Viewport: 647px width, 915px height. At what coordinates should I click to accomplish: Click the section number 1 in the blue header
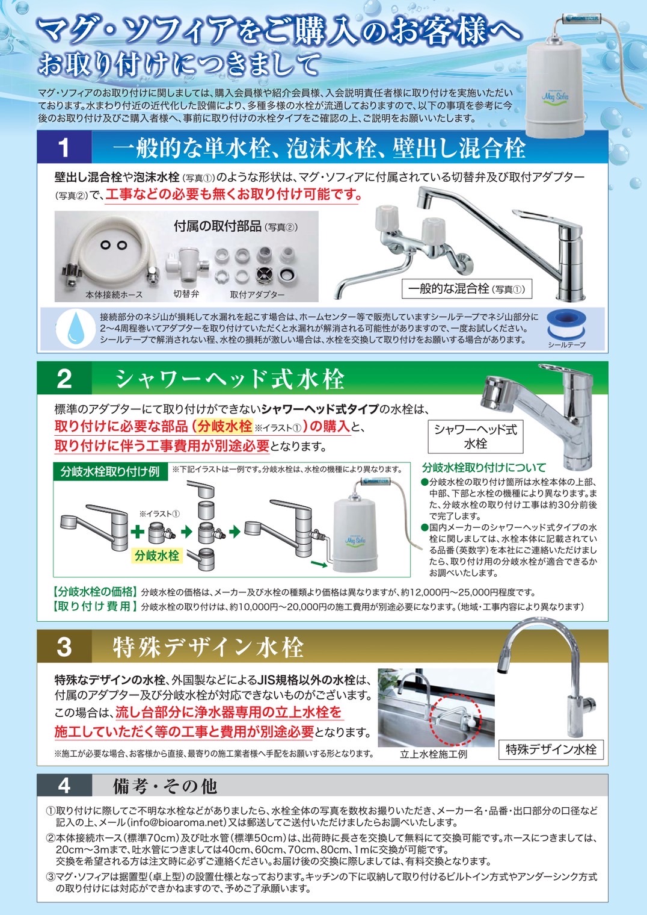(64, 148)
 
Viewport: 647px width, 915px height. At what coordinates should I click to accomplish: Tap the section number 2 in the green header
(64, 379)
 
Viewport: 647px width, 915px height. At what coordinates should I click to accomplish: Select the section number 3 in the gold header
(64, 647)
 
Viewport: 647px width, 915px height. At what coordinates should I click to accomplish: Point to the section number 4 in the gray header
(64, 786)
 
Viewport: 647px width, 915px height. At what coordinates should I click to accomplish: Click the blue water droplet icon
(76, 329)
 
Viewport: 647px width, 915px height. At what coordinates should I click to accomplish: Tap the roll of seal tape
(566, 325)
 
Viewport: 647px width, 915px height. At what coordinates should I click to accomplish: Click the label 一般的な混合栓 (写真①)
(467, 289)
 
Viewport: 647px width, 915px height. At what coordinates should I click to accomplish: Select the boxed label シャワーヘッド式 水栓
(475, 436)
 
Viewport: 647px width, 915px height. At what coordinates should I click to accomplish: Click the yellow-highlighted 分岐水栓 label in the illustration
(157, 556)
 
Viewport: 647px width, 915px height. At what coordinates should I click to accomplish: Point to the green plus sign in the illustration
(138, 531)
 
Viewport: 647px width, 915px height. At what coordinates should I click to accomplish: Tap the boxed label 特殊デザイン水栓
(551, 749)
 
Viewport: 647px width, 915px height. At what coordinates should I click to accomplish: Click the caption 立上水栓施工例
(434, 754)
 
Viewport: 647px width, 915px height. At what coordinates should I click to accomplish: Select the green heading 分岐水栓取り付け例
(109, 471)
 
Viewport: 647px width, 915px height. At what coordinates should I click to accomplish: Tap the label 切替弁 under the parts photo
(186, 294)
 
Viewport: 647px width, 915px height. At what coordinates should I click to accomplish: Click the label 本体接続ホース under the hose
(114, 295)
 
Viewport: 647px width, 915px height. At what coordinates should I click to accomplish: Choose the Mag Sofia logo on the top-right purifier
(554, 96)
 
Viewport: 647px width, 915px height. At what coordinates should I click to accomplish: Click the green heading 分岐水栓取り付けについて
(484, 467)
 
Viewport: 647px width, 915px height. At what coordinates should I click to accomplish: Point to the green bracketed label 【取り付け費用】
(96, 606)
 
